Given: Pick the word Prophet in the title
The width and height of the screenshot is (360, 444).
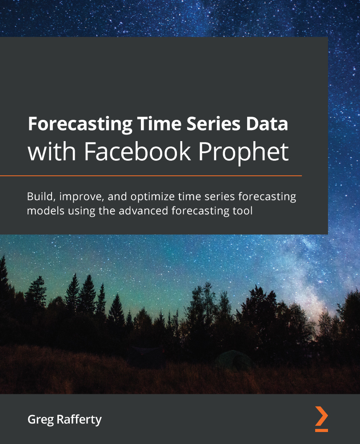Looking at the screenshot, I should (x=243, y=152).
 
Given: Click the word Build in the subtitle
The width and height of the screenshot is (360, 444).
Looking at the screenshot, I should (x=38, y=196).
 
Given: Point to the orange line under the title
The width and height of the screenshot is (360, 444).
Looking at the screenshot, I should (x=151, y=176).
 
